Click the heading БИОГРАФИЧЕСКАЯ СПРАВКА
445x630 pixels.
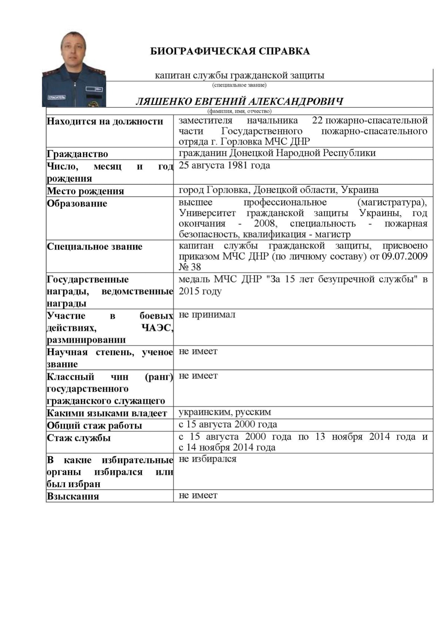pyautogui.click(x=230, y=51)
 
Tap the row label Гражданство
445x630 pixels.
pyautogui.click(x=77, y=154)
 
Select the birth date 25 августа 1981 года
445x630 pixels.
pyautogui.click(x=224, y=165)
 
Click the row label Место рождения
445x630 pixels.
pyautogui.click(x=85, y=191)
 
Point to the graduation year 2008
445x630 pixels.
pyautogui.click(x=265, y=224)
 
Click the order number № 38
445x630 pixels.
pyautogui.click(x=190, y=267)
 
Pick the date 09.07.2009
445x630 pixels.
pyautogui.click(x=405, y=256)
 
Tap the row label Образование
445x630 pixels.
pyautogui.click(x=77, y=204)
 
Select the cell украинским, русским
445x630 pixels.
pyautogui.click(x=225, y=412)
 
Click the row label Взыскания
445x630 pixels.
pyautogui.click(x=73, y=496)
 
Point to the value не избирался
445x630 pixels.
pyautogui.click(x=207, y=459)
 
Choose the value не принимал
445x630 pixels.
pyautogui.click(x=207, y=315)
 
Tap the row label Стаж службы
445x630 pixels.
pyautogui.click(x=79, y=438)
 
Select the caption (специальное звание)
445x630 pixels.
pyautogui.click(x=239, y=85)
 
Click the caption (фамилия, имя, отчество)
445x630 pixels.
pyautogui.click(x=239, y=111)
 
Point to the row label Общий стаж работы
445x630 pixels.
pyautogui.click(x=94, y=426)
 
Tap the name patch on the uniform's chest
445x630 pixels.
pyautogui.click(x=57, y=98)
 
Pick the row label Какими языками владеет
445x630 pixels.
pyautogui.click(x=107, y=413)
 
